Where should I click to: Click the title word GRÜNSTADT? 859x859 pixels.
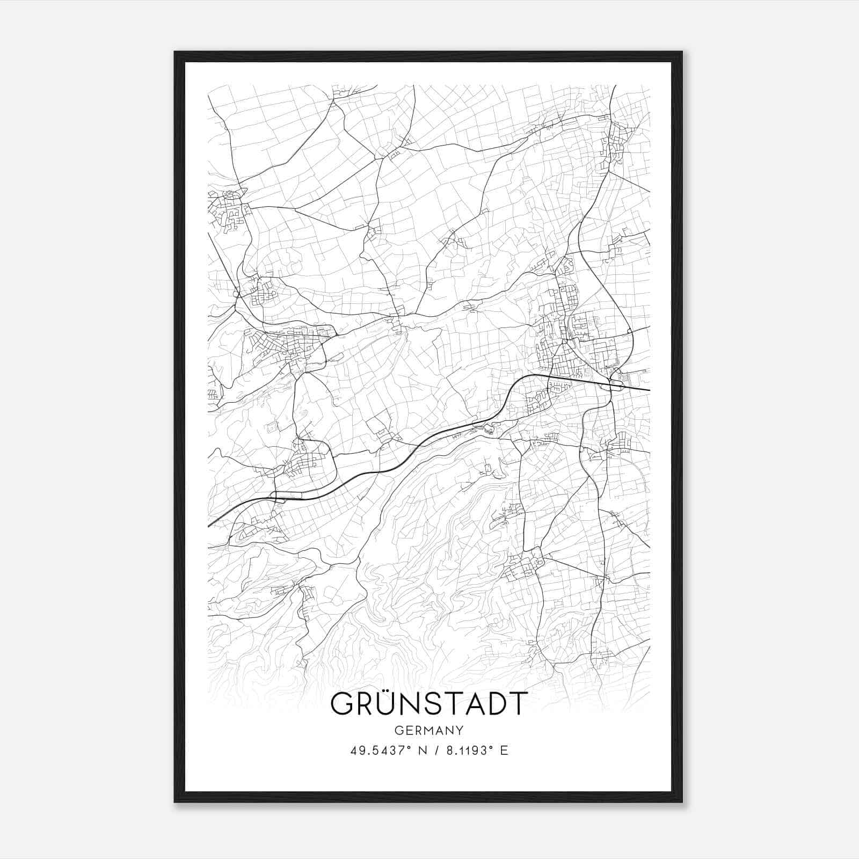click(x=429, y=703)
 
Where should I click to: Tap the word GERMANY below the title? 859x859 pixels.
click(x=429, y=730)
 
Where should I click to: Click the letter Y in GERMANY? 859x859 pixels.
click(x=459, y=730)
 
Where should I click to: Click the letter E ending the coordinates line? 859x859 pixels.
click(x=504, y=751)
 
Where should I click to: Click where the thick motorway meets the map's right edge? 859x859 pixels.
click(x=649, y=390)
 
